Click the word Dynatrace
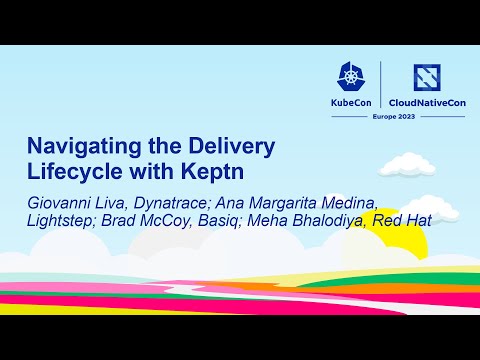pos(174,203)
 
